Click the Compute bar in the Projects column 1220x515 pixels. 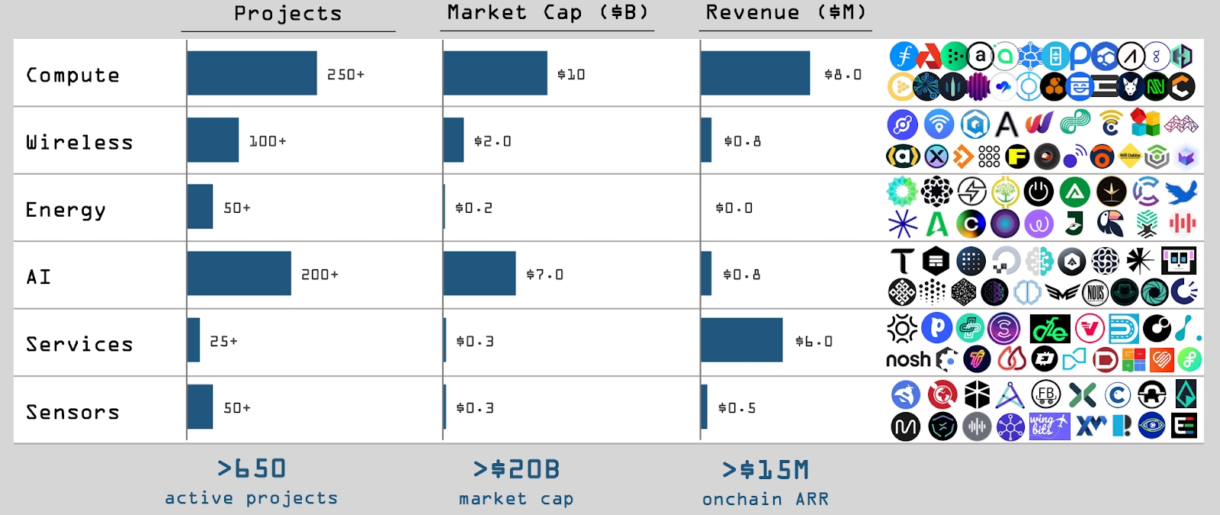[x=252, y=73]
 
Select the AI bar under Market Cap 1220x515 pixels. [x=480, y=273]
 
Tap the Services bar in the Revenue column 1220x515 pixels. [x=742, y=340]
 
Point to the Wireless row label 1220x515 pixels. [x=79, y=142]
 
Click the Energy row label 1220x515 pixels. [x=66, y=210]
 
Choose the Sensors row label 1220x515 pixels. [x=72, y=412]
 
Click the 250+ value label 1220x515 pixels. [x=346, y=74]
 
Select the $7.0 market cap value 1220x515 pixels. [x=544, y=274]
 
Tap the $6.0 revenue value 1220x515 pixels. [x=814, y=341]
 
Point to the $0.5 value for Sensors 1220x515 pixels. [x=737, y=407]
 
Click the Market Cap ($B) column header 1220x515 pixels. [x=548, y=12]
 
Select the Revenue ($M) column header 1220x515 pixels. [x=785, y=12]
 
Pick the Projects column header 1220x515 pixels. [x=288, y=13]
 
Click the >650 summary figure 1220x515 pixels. [x=251, y=468]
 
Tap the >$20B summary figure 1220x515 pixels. [x=515, y=468]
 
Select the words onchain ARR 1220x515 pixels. [x=766, y=499]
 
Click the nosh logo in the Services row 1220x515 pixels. [x=908, y=359]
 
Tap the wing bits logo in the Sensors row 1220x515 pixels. [x=1049, y=426]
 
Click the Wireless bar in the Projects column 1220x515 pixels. [x=213, y=140]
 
